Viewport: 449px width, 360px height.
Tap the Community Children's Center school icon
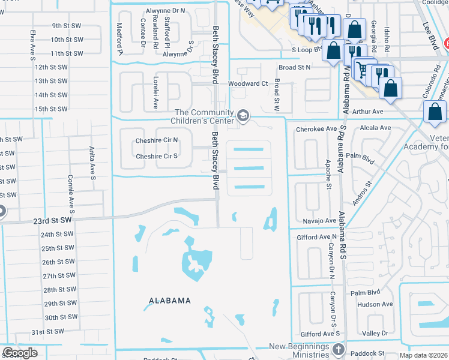tap(243, 114)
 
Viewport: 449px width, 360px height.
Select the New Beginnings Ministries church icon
tap(339, 349)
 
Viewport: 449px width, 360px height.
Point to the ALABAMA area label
tap(170, 301)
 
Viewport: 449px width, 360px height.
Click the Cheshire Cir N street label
tap(157, 140)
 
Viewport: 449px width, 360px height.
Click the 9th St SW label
tap(67, 26)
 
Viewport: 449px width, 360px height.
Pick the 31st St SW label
tap(47, 332)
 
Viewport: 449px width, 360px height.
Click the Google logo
tap(20, 352)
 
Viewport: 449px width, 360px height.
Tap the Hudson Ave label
tap(374, 304)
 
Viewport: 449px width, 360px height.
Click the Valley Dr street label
tap(376, 333)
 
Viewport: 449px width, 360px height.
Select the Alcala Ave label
tap(375, 128)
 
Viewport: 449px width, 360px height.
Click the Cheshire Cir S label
tap(157, 156)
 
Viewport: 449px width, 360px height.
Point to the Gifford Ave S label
tap(321, 333)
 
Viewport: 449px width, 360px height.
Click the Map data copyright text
tap(423, 355)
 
